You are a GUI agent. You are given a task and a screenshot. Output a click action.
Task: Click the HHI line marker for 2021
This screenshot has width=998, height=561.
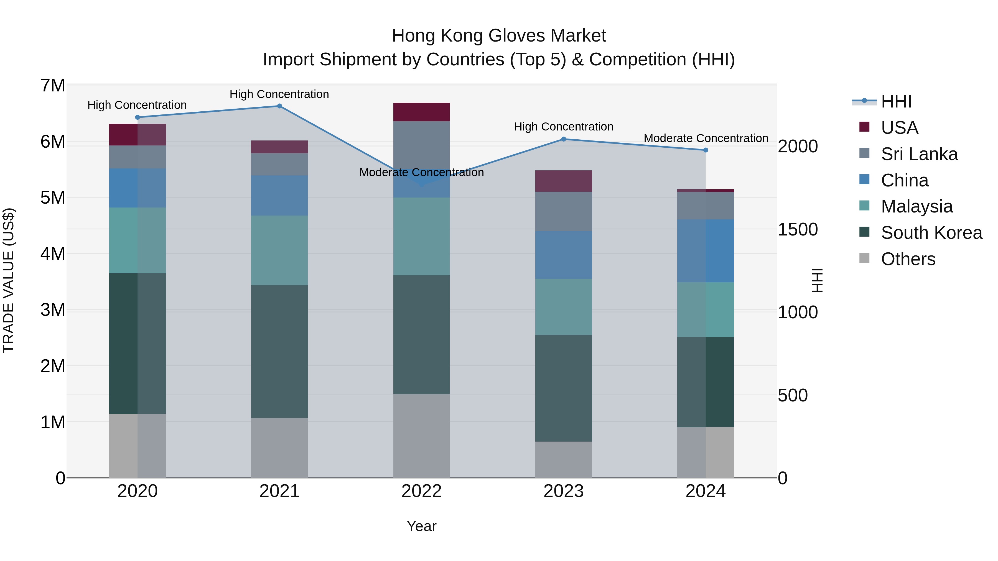[279, 106]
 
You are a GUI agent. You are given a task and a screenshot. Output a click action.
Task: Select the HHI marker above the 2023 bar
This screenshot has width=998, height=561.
[564, 139]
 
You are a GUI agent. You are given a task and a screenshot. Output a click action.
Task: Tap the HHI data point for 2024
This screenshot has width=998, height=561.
[706, 150]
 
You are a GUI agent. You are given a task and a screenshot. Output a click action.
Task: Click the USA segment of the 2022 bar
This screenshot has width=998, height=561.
[421, 112]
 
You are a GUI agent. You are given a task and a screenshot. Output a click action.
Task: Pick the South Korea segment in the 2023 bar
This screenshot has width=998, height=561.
[564, 388]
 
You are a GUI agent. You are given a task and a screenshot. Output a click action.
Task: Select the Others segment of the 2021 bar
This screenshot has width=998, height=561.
[279, 448]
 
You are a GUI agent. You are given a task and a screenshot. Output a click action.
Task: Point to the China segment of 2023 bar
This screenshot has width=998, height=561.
[564, 255]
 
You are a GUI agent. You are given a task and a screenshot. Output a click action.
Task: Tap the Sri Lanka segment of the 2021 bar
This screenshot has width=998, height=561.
[279, 164]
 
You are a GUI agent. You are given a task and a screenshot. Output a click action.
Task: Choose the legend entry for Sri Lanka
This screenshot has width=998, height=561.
[919, 154]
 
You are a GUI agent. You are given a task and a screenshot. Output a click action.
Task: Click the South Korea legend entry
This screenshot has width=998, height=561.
[931, 233]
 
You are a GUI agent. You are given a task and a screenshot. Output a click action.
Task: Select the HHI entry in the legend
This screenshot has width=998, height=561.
[896, 101]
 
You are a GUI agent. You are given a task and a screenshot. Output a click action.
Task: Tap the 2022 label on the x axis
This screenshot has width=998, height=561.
[421, 491]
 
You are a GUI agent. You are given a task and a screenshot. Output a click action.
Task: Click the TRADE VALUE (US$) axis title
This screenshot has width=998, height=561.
[9, 281]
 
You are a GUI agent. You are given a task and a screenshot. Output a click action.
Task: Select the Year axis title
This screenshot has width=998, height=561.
[421, 526]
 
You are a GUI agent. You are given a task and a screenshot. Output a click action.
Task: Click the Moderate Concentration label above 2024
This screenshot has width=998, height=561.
[706, 138]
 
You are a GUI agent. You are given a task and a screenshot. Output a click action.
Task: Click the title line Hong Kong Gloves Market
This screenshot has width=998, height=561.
[499, 36]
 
